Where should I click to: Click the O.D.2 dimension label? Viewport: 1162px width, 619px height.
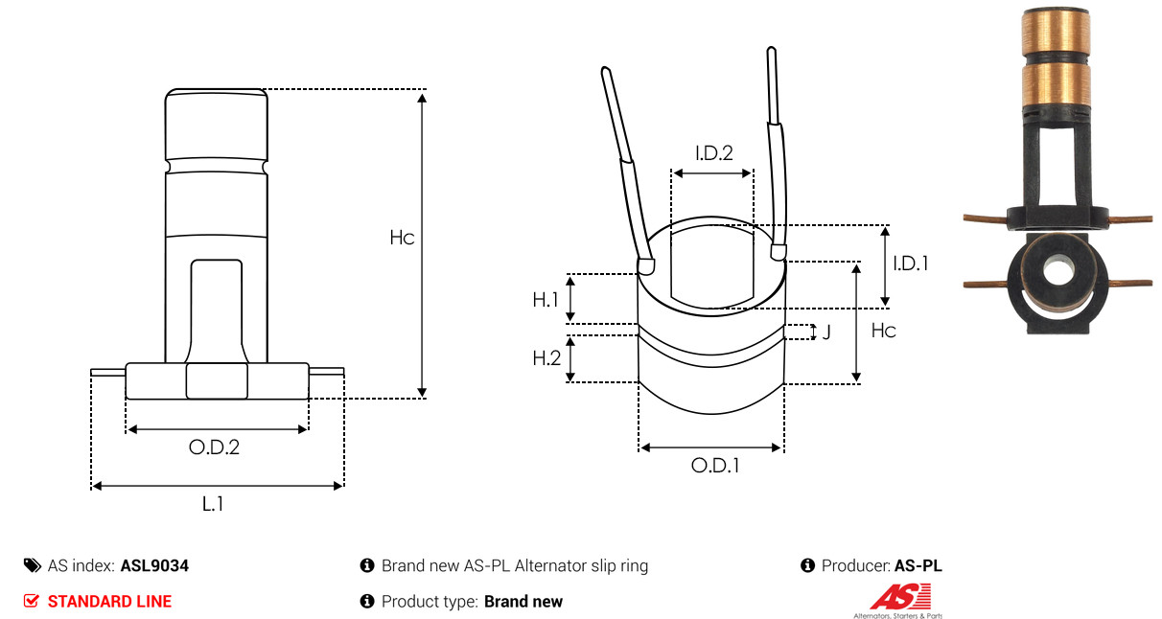tap(214, 447)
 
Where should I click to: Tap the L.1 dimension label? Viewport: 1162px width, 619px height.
tap(213, 503)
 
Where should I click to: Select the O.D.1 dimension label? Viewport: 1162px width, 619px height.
tap(715, 466)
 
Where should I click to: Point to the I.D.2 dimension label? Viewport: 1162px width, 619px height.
tap(714, 153)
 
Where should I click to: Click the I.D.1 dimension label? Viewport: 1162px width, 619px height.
tap(911, 264)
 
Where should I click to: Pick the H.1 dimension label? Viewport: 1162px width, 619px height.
tap(546, 300)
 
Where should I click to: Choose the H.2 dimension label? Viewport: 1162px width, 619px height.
tap(546, 358)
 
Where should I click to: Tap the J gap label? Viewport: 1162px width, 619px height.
tap(826, 332)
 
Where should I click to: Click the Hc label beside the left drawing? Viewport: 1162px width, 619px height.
tap(402, 238)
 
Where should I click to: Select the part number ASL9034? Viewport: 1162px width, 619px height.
tap(154, 565)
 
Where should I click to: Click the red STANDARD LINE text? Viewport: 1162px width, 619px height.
tap(109, 602)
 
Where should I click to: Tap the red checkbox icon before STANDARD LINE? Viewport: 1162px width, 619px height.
tap(31, 601)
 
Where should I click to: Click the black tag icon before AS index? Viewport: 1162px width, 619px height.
tap(33, 565)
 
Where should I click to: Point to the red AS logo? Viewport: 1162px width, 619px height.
tap(900, 597)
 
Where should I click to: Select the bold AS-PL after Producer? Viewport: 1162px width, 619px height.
tap(918, 565)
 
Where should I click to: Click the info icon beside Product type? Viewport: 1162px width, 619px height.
tap(367, 602)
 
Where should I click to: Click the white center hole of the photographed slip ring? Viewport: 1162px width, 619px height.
tap(1057, 272)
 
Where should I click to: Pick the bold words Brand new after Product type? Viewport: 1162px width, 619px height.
tap(523, 602)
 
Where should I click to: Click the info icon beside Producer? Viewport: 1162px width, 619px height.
tap(807, 565)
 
